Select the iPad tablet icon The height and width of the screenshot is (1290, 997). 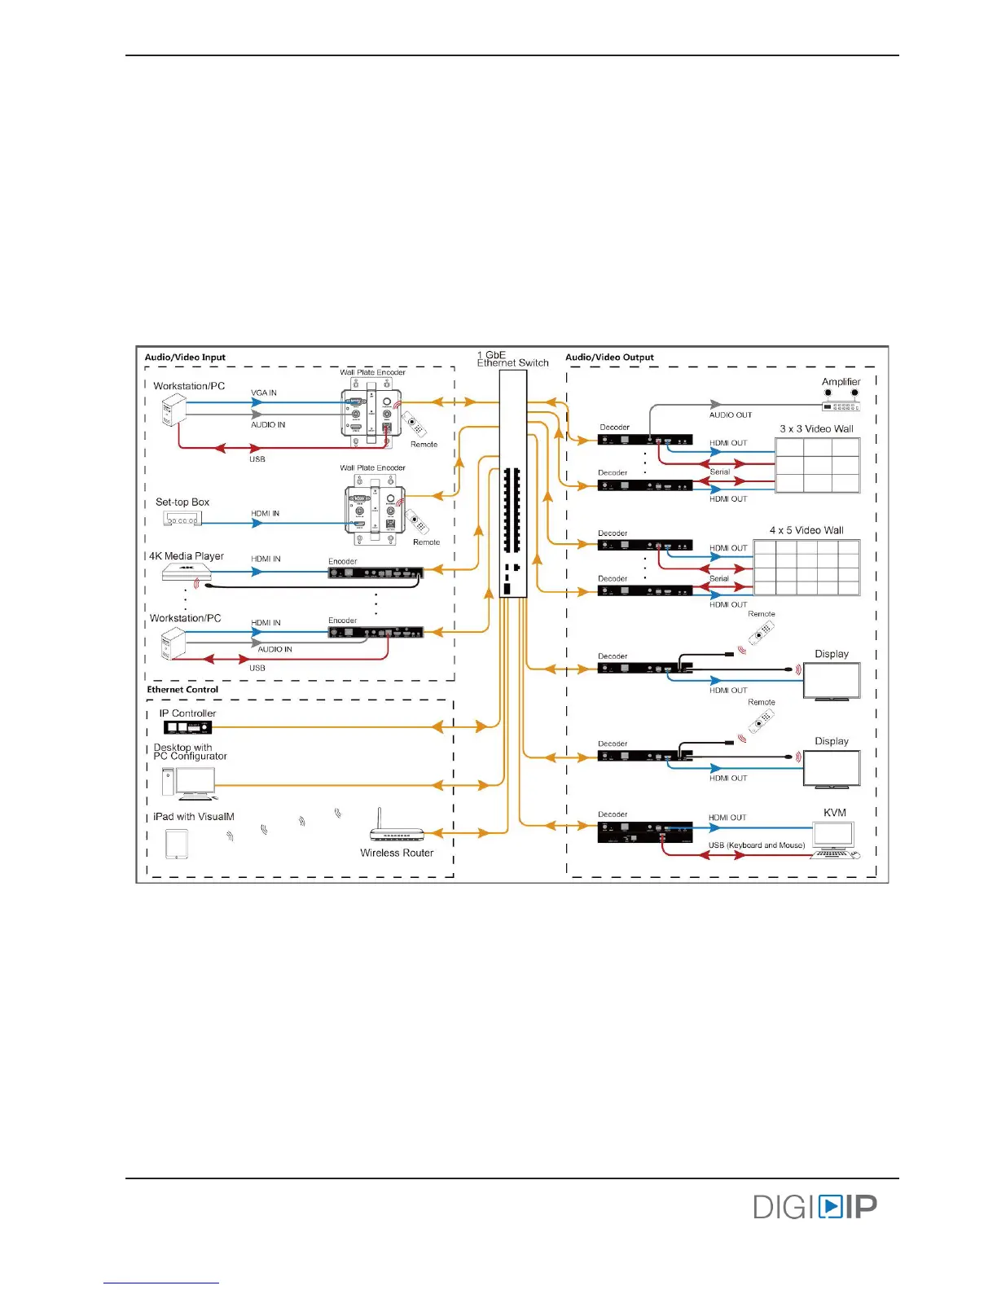pyautogui.click(x=177, y=844)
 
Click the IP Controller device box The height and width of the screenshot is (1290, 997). pyautogui.click(x=187, y=727)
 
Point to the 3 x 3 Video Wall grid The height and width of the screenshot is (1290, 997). pyautogui.click(x=817, y=465)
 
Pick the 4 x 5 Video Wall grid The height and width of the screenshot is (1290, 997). pyautogui.click(x=806, y=567)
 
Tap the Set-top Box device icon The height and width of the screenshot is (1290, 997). pyautogui.click(x=182, y=519)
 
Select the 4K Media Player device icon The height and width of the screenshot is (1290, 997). pyautogui.click(x=187, y=573)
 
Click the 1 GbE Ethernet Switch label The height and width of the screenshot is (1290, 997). pyautogui.click(x=512, y=359)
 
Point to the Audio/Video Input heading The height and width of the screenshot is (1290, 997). pyautogui.click(x=185, y=357)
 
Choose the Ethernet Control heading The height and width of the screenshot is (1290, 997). pyautogui.click(x=182, y=690)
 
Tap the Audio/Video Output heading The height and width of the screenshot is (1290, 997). pyautogui.click(x=609, y=357)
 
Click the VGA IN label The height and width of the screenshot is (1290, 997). pyautogui.click(x=264, y=393)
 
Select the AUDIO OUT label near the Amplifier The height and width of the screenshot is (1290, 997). pyautogui.click(x=730, y=415)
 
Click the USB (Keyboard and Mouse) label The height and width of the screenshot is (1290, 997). pyautogui.click(x=756, y=845)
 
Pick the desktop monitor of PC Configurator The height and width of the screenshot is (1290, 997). pyautogui.click(x=195, y=782)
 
